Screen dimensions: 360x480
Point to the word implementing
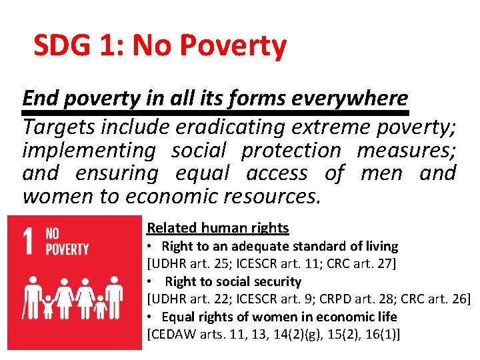pos(88,150)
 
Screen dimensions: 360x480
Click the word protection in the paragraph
pos(291,150)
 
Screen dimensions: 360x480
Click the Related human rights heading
pos(218,228)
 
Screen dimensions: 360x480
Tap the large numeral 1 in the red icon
pos(28,242)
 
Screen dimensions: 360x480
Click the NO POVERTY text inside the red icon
pos(67,242)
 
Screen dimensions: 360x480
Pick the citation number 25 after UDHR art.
pos(217,264)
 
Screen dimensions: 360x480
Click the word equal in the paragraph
pos(202,173)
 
